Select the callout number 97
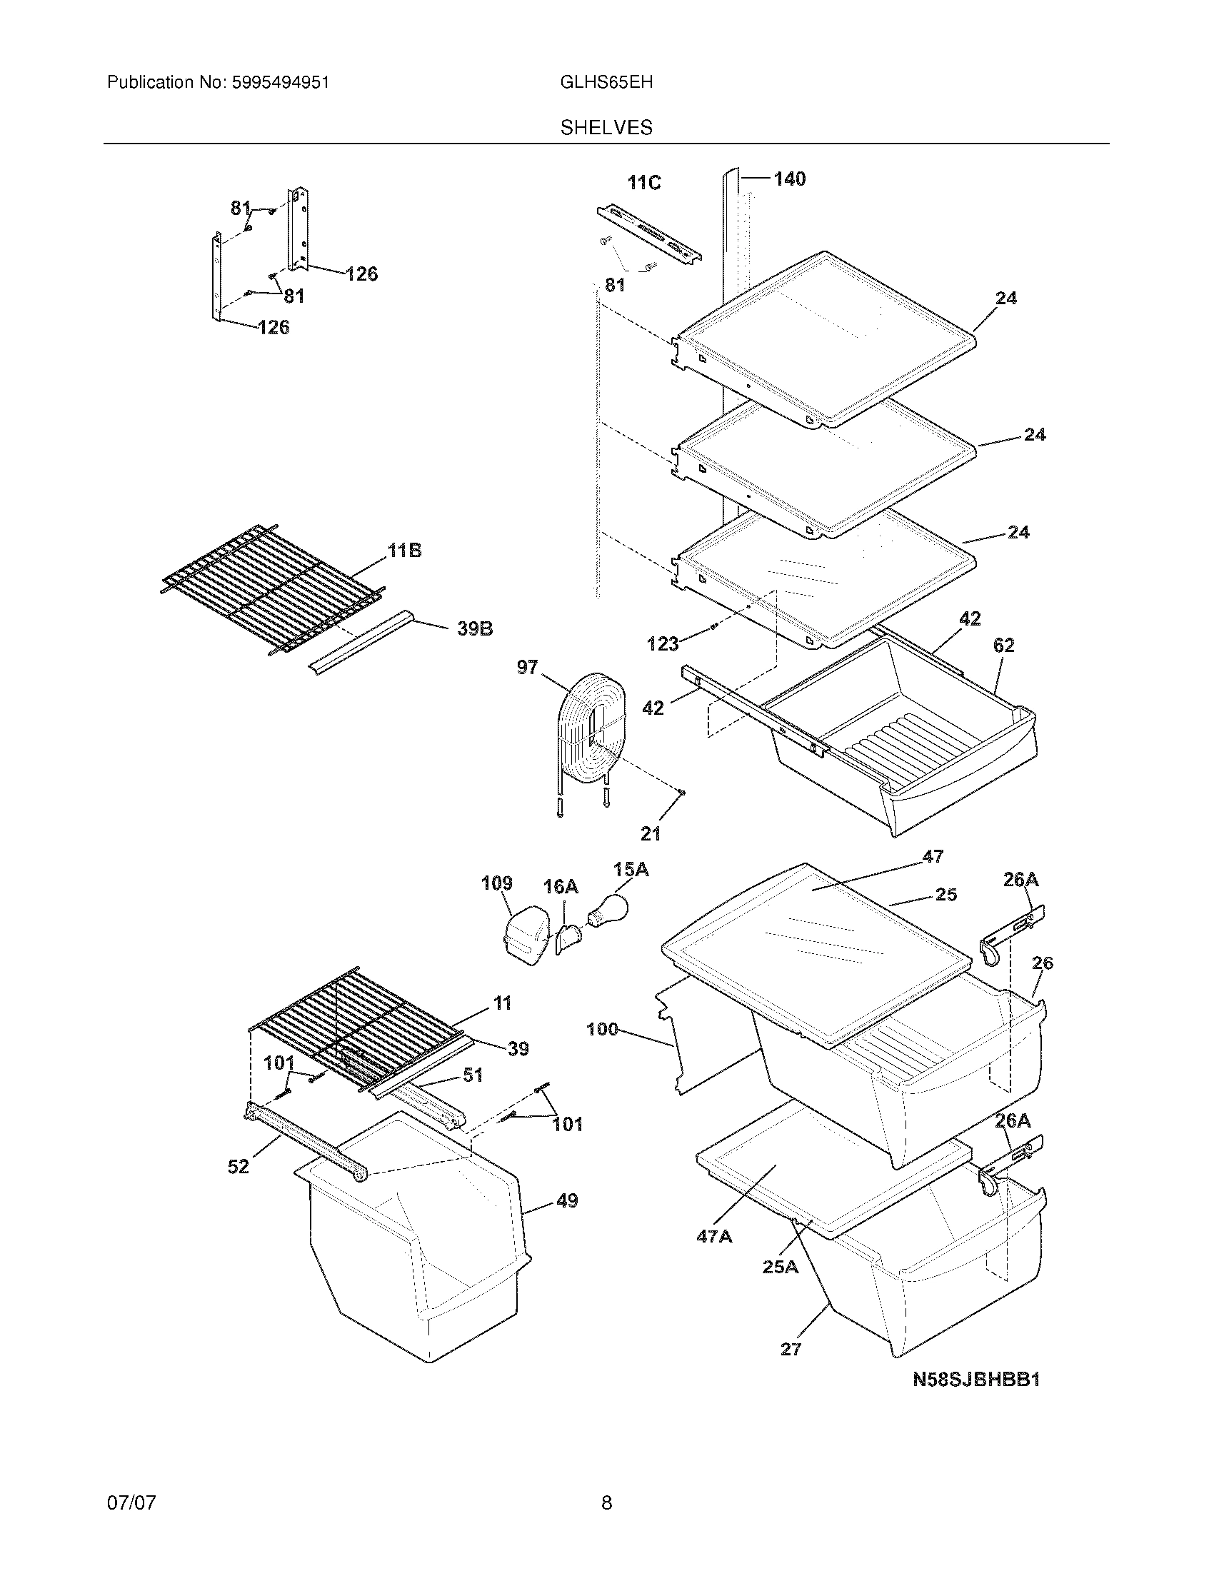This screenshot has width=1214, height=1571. click(x=527, y=667)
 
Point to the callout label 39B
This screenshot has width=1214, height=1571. click(x=475, y=628)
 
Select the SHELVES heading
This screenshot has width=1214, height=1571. click(x=606, y=127)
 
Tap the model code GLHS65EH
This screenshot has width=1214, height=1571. click(x=606, y=83)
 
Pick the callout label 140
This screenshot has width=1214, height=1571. click(x=789, y=179)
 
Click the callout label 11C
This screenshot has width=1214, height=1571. click(x=643, y=183)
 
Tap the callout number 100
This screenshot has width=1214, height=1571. click(x=602, y=1029)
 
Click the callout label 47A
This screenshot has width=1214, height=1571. click(x=713, y=1236)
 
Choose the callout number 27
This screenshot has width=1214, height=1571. click(x=791, y=1350)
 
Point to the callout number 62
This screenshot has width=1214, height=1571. click(x=1003, y=646)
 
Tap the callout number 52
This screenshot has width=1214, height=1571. click(x=238, y=1166)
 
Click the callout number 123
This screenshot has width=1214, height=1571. click(x=663, y=643)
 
